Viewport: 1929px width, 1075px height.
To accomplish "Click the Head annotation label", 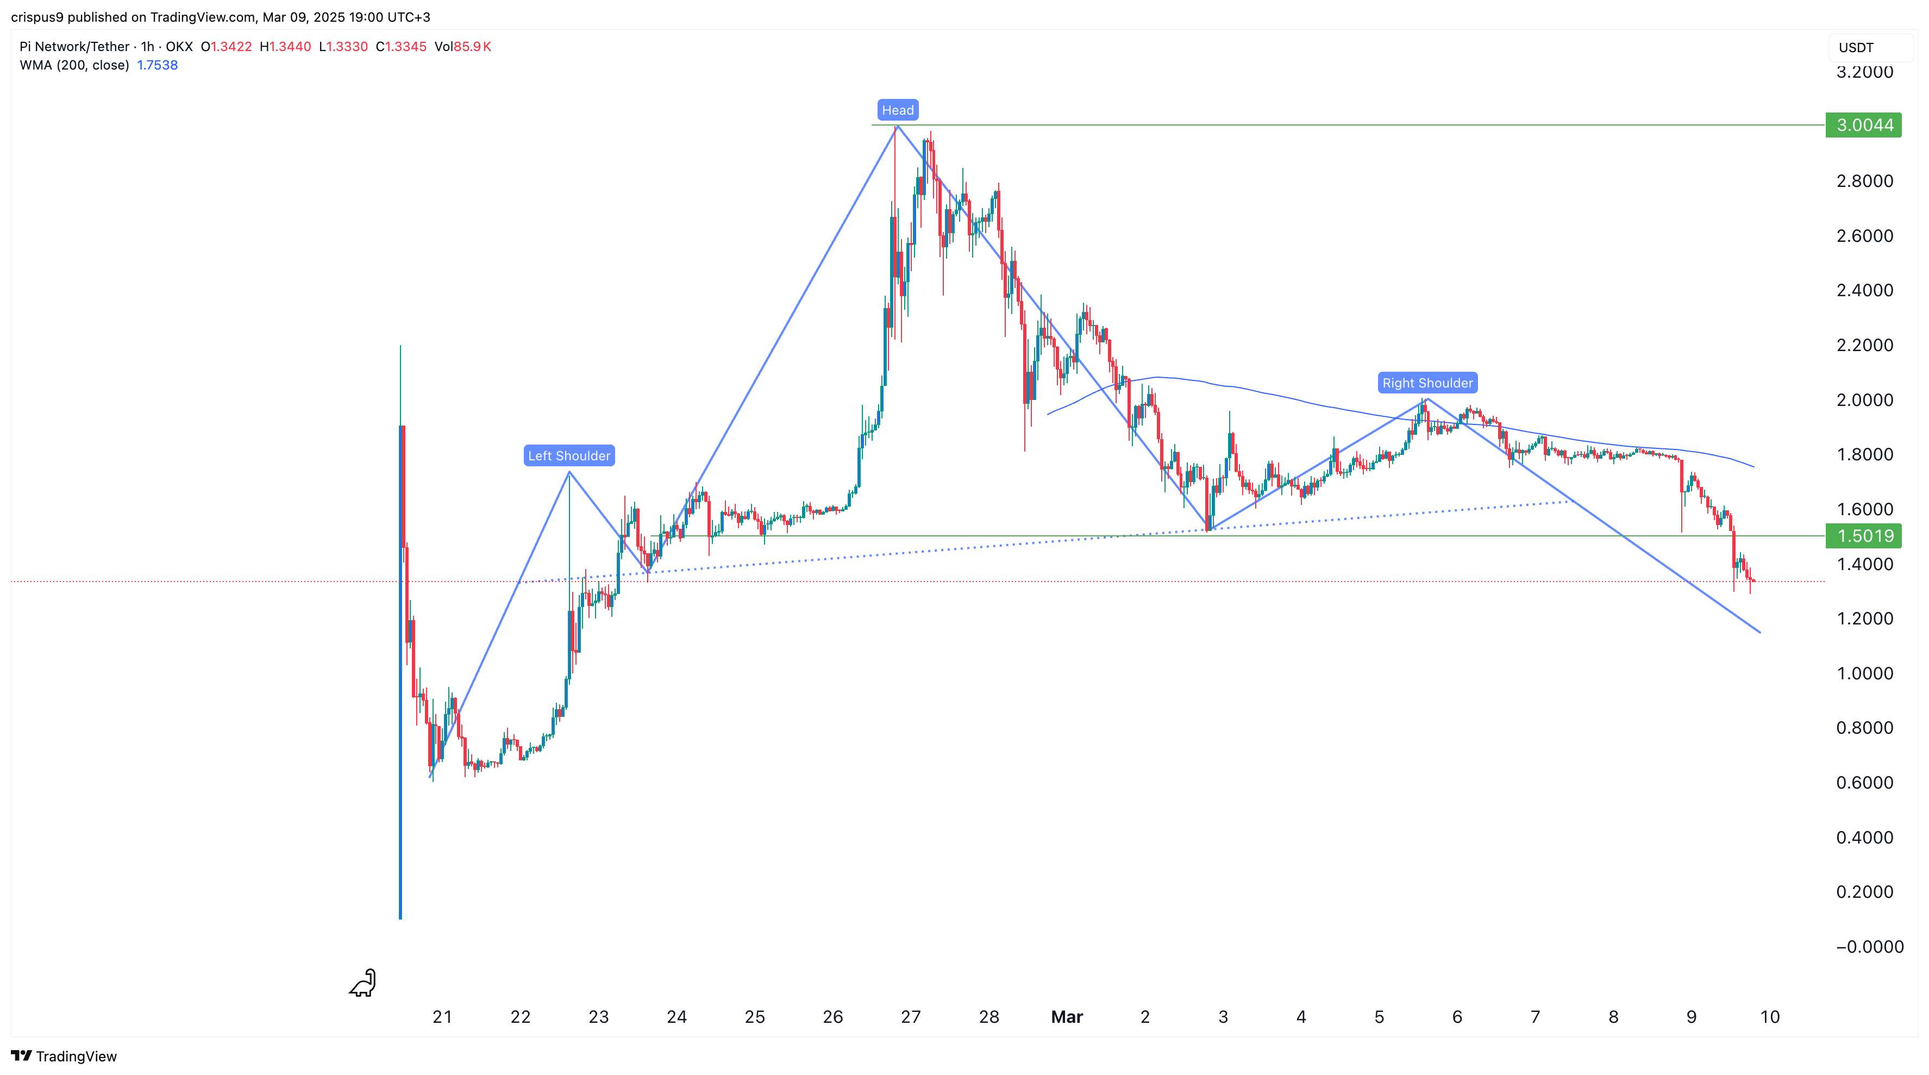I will tap(897, 110).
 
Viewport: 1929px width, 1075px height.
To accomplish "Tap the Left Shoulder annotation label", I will tap(569, 455).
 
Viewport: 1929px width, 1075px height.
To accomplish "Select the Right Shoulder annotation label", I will tap(1427, 383).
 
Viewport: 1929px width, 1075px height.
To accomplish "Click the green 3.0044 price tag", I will tap(1864, 125).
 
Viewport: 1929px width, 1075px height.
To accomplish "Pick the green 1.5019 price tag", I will tap(1864, 536).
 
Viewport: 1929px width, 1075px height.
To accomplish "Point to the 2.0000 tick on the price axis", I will tap(1864, 400).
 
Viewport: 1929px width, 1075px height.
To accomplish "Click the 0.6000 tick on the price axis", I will tap(1864, 783).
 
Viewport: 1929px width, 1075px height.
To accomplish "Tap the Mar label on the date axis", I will tap(1066, 1016).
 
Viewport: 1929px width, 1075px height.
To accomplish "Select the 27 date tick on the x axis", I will tap(911, 1016).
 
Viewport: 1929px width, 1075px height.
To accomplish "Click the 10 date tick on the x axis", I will tap(1769, 1016).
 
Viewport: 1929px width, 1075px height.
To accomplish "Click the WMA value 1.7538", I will tap(157, 65).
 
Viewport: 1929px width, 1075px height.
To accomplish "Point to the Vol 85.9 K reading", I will tap(463, 46).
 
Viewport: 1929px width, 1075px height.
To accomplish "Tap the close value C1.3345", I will tap(402, 46).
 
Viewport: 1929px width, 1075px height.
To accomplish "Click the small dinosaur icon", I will tap(363, 983).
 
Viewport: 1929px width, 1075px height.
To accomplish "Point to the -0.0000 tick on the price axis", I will tap(1869, 947).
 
